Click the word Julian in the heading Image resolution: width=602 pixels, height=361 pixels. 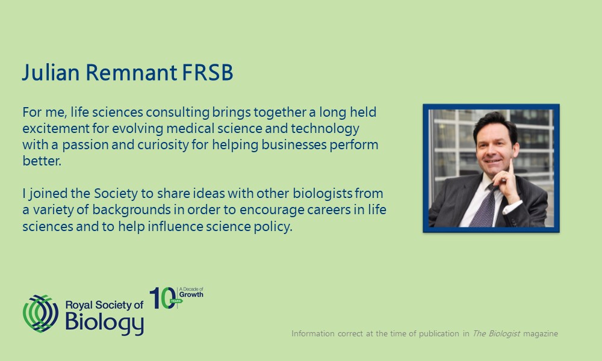(x=51, y=73)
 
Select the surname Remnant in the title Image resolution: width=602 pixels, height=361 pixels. (x=131, y=73)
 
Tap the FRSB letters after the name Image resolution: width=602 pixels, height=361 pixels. (x=207, y=73)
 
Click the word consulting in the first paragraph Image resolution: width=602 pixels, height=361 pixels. (x=178, y=113)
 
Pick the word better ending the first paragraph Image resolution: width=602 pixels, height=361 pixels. (x=42, y=161)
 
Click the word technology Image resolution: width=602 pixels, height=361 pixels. (x=325, y=129)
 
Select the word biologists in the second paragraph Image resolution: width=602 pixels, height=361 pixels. (x=323, y=193)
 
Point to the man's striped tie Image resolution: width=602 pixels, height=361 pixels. (x=484, y=206)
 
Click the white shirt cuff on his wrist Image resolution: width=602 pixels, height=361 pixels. (x=512, y=208)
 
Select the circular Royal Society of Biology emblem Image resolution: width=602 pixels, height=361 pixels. (x=40, y=313)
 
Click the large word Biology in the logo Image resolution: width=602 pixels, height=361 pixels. (x=104, y=322)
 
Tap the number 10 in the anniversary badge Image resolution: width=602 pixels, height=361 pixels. (x=163, y=298)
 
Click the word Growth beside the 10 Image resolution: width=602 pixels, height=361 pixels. (x=191, y=295)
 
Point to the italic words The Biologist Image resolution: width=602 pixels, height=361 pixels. (x=496, y=333)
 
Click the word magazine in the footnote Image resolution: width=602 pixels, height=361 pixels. (x=541, y=334)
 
